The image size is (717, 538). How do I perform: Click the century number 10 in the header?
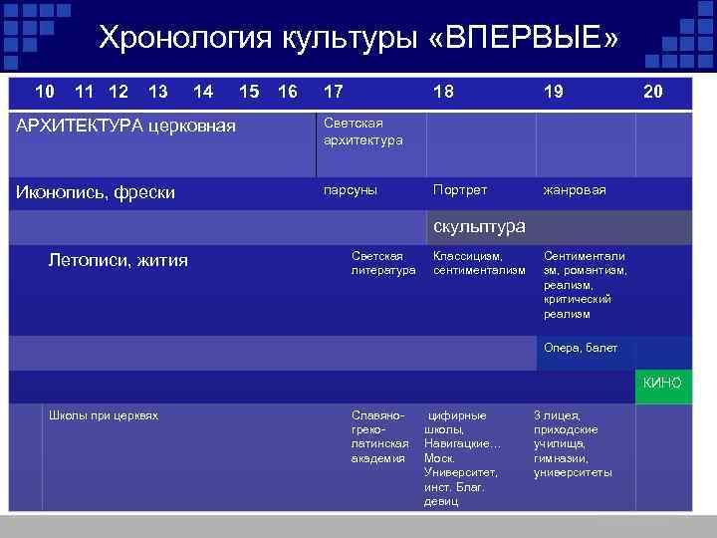click(45, 92)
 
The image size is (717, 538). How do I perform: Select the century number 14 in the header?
click(203, 92)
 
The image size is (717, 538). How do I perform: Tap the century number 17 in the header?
click(334, 92)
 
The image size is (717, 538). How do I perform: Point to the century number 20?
click(652, 92)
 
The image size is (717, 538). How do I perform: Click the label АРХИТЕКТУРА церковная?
click(126, 126)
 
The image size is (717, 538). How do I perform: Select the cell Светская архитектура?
click(363, 132)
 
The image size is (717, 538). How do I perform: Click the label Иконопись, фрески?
click(97, 191)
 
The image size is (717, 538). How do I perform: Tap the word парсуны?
click(351, 189)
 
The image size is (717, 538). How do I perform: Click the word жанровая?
click(575, 189)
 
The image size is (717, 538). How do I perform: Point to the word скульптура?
click(478, 226)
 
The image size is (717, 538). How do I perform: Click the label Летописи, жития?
click(118, 261)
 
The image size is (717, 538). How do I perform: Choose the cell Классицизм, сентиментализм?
click(478, 263)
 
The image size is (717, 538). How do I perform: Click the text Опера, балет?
click(581, 348)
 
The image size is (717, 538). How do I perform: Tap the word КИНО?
click(662, 383)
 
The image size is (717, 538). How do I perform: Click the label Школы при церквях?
click(104, 415)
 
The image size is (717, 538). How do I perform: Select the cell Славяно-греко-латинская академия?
click(379, 436)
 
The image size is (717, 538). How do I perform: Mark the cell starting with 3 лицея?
click(573, 443)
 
